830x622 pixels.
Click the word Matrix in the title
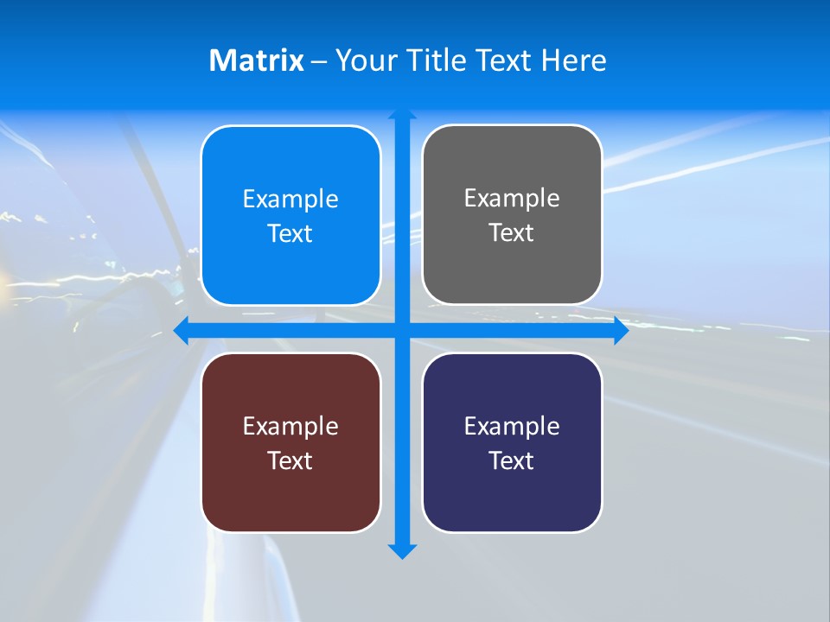(x=256, y=60)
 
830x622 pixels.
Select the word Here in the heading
(x=573, y=60)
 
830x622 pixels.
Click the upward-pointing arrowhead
(x=402, y=114)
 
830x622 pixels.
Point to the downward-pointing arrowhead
(x=402, y=551)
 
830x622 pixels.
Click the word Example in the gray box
(x=512, y=198)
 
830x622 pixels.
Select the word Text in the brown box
(x=290, y=460)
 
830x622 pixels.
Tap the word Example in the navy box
(x=512, y=426)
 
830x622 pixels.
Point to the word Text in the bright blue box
(x=290, y=233)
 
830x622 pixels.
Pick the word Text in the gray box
(x=512, y=232)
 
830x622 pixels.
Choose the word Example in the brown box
(x=290, y=426)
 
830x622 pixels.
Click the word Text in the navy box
(x=512, y=460)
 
